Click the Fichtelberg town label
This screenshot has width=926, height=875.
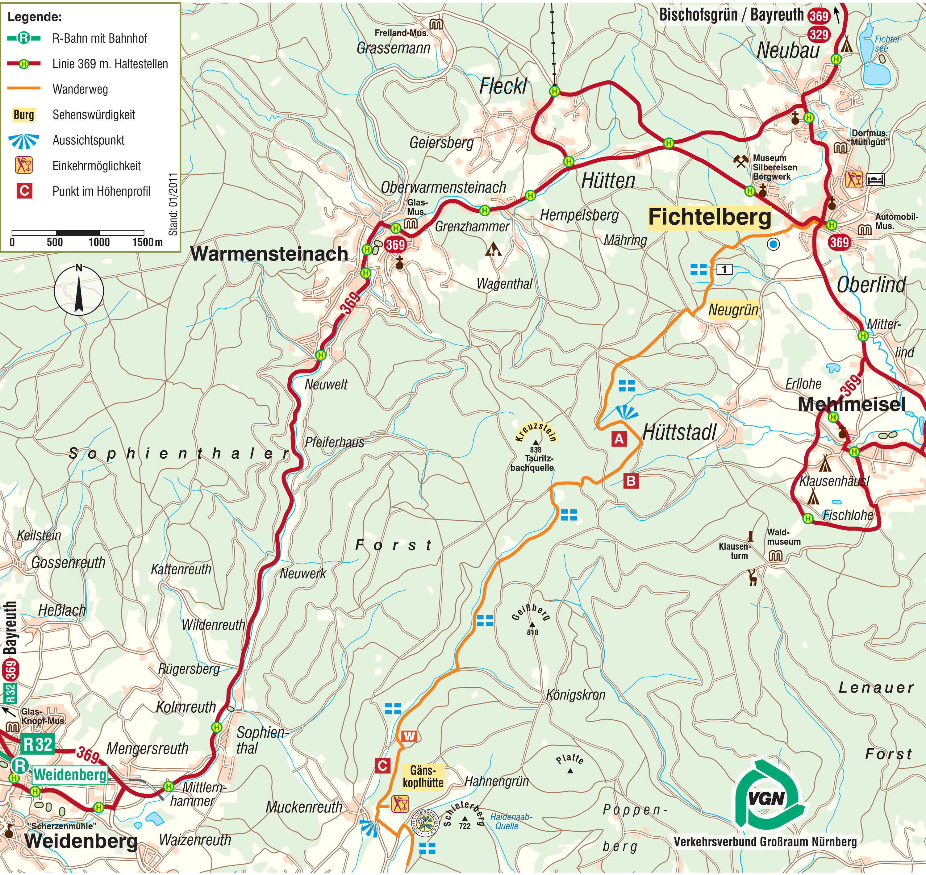click(x=709, y=217)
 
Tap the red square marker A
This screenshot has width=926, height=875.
click(x=619, y=439)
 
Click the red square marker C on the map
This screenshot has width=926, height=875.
click(x=382, y=765)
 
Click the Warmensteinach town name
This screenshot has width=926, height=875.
click(x=269, y=254)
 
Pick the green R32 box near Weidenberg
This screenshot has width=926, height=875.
click(x=37, y=744)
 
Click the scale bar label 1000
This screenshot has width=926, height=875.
click(x=99, y=242)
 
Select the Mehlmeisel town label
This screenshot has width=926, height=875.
click(x=851, y=404)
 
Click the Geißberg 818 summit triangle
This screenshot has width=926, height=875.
click(x=532, y=624)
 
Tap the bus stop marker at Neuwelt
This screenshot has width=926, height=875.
click(x=320, y=355)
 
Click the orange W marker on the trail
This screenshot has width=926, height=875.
click(x=409, y=736)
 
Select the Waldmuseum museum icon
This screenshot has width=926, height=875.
click(x=775, y=556)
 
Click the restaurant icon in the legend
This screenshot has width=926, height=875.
click(x=23, y=165)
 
